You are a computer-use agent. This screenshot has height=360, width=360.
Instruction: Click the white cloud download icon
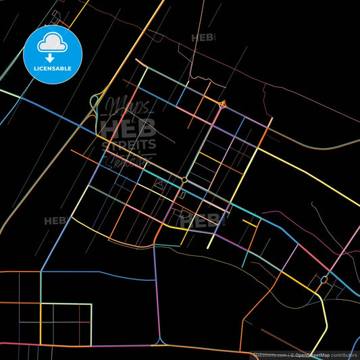[52, 44]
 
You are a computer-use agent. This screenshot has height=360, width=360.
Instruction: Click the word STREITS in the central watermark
[128, 144]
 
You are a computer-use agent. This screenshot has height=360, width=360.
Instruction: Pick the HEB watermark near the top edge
[203, 38]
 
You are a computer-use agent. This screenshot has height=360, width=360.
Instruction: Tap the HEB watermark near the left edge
[55, 221]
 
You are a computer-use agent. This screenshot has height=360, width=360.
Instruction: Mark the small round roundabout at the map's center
[184, 180]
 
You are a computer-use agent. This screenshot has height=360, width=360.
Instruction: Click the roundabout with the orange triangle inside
[223, 103]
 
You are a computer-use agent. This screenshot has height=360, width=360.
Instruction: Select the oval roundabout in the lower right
[324, 279]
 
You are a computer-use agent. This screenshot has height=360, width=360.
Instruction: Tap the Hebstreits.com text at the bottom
[269, 355]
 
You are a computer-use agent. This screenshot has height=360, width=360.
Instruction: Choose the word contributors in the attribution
[344, 355]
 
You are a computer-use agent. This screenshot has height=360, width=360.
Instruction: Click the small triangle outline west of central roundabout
[159, 183]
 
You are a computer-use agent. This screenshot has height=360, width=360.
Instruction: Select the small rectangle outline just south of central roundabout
[182, 195]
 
